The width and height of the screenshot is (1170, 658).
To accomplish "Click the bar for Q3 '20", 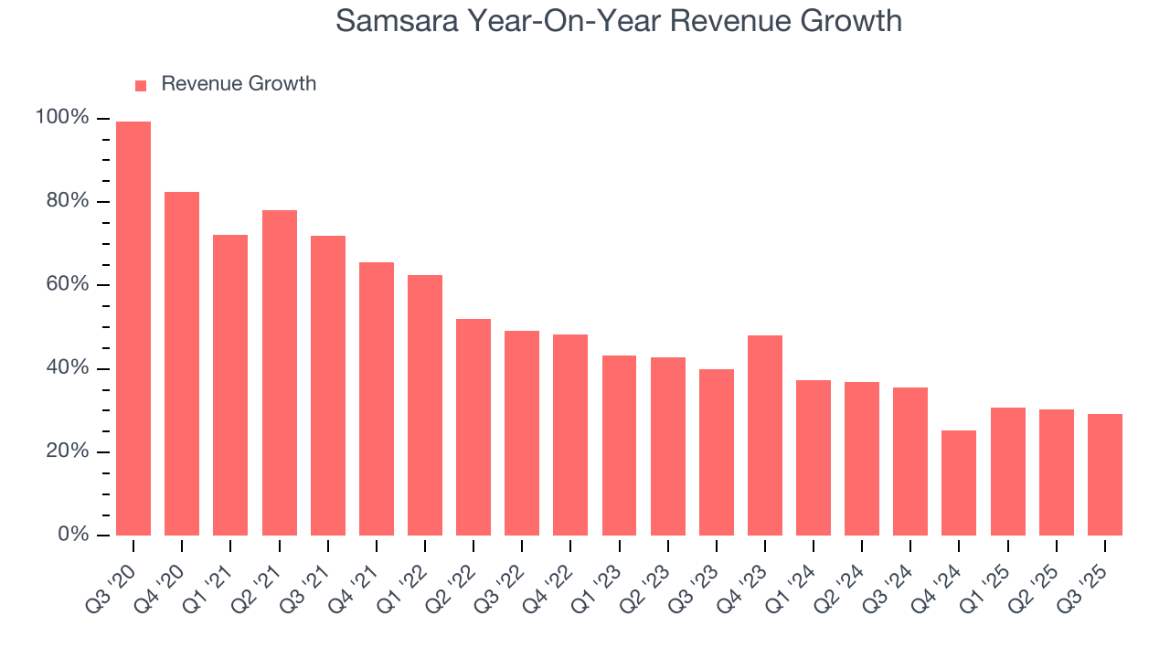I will pos(133,329).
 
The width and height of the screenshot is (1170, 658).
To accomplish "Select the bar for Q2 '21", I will pos(279,373).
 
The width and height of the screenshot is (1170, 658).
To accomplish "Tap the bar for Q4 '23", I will pos(764,435).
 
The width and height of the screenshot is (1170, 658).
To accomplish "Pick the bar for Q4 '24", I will pos(959,483).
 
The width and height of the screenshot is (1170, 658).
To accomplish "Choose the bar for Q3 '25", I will pos(1104,474).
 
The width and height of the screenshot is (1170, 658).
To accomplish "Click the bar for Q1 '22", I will pos(425,405).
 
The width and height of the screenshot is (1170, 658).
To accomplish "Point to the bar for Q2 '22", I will pos(473,427).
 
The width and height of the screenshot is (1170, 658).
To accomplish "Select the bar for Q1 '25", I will pos(1007,472).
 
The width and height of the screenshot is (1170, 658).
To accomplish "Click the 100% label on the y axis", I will pos(62,118).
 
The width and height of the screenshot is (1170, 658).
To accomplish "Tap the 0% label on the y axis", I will pos(72,535).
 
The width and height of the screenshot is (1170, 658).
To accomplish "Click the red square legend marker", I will pos(141,85).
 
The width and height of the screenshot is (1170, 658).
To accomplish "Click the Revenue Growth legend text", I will pos(239,84).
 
